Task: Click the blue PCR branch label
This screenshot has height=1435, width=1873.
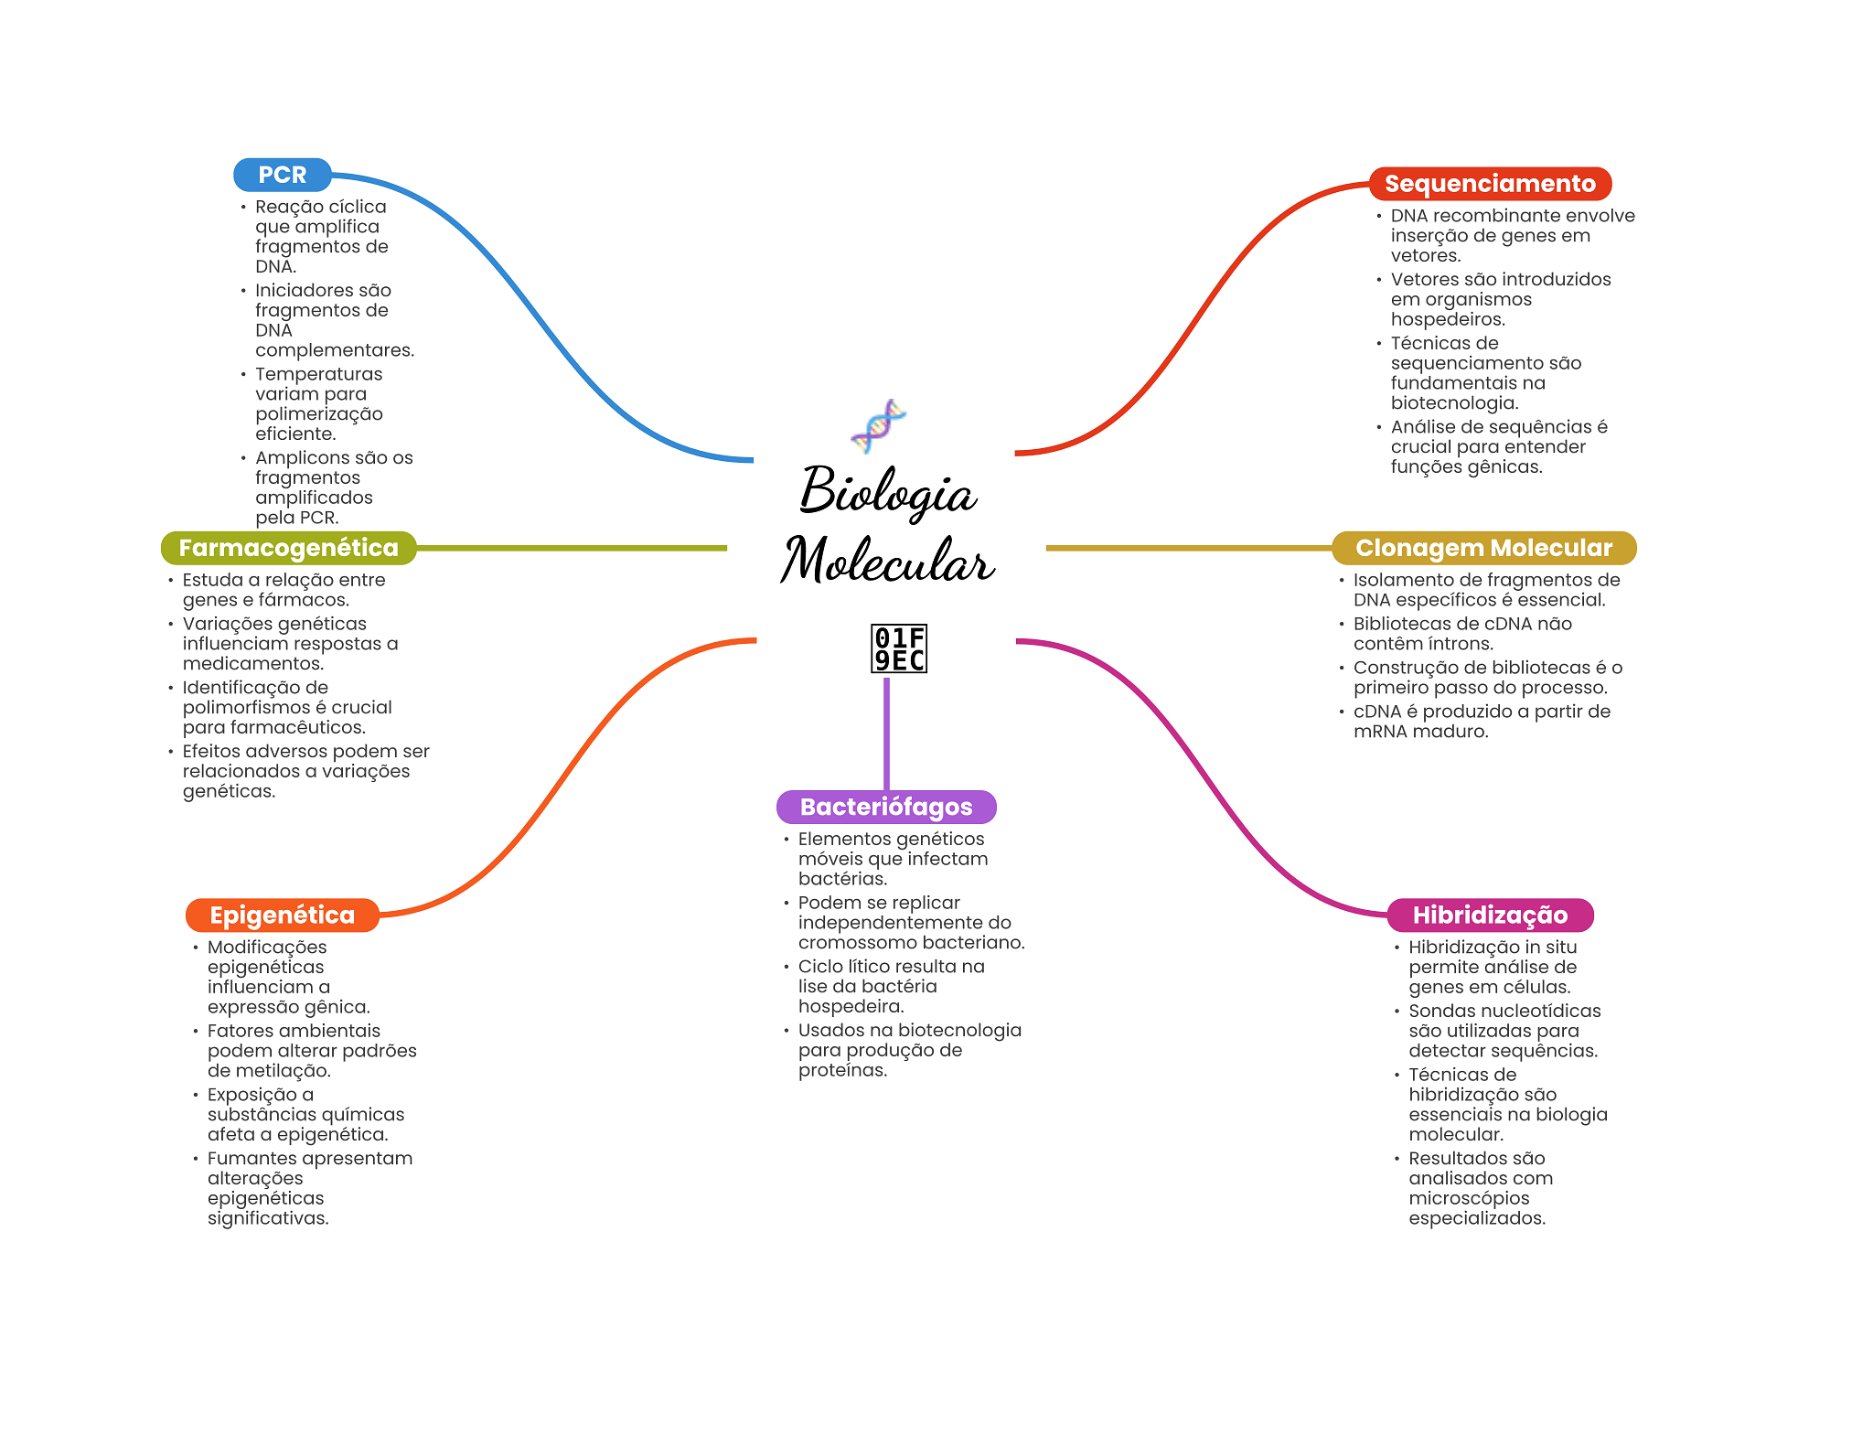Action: pyautogui.click(x=282, y=175)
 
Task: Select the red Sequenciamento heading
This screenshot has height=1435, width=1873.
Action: pyautogui.click(x=1489, y=184)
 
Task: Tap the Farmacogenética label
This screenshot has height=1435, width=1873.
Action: pyautogui.click(x=288, y=548)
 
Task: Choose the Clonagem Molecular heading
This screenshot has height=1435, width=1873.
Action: pyautogui.click(x=1482, y=548)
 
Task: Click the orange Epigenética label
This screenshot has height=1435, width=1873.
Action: pyautogui.click(x=282, y=916)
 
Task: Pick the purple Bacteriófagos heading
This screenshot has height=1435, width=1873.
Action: pyautogui.click(x=885, y=807)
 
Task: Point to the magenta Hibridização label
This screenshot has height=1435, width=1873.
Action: pyautogui.click(x=1489, y=916)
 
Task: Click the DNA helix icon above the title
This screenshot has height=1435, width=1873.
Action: pyautogui.click(x=878, y=426)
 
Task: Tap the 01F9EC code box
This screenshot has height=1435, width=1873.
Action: pyautogui.click(x=899, y=648)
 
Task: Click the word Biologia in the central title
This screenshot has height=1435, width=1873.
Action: pyautogui.click(x=887, y=492)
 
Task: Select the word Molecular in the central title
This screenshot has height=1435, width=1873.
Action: pyautogui.click(x=887, y=560)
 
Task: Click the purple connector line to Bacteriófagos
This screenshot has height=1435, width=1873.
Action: pyautogui.click(x=886, y=732)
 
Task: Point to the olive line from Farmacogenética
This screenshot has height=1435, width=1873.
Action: pyautogui.click(x=572, y=548)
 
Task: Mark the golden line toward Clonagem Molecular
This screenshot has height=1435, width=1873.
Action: pyautogui.click(x=1189, y=548)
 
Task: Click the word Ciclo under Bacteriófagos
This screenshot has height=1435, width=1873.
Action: pyautogui.click(x=819, y=967)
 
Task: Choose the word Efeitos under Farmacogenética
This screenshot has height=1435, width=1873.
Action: pyautogui.click(x=213, y=752)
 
